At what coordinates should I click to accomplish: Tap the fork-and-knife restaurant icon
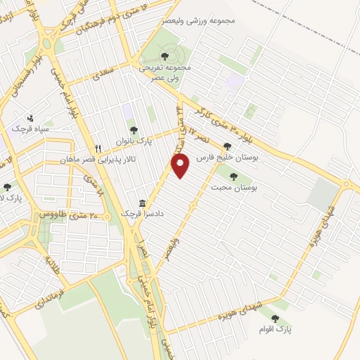(98, 149)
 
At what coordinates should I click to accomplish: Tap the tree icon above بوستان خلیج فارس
(226, 147)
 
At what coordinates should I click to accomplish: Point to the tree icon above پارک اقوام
(274, 319)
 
